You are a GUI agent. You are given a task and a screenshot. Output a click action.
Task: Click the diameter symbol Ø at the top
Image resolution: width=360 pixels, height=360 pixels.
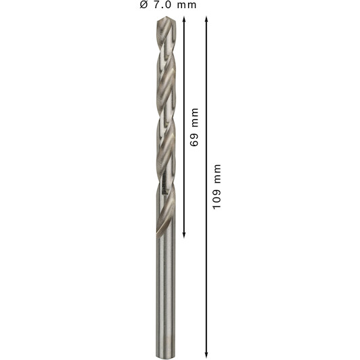coord(143,5)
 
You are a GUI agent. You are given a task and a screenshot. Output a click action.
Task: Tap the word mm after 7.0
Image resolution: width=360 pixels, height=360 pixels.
coord(187,5)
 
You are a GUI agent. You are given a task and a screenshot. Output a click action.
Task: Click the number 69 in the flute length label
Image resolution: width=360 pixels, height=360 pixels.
coord(194,139)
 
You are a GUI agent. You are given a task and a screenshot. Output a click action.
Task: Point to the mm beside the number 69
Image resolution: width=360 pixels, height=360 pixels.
coord(195,117)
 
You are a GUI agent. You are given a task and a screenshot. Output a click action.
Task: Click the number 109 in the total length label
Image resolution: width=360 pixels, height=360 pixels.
coord(217,198)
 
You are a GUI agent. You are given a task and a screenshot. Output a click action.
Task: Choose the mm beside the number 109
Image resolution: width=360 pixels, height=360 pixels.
coord(217,174)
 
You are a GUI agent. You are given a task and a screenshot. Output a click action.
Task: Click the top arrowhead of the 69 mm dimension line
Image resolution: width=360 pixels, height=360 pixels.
coord(184,19)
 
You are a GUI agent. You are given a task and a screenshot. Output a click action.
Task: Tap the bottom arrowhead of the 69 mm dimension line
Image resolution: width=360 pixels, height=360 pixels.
coord(184,234)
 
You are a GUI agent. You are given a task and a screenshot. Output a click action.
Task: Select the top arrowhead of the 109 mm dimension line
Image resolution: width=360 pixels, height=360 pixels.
coord(206,19)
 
